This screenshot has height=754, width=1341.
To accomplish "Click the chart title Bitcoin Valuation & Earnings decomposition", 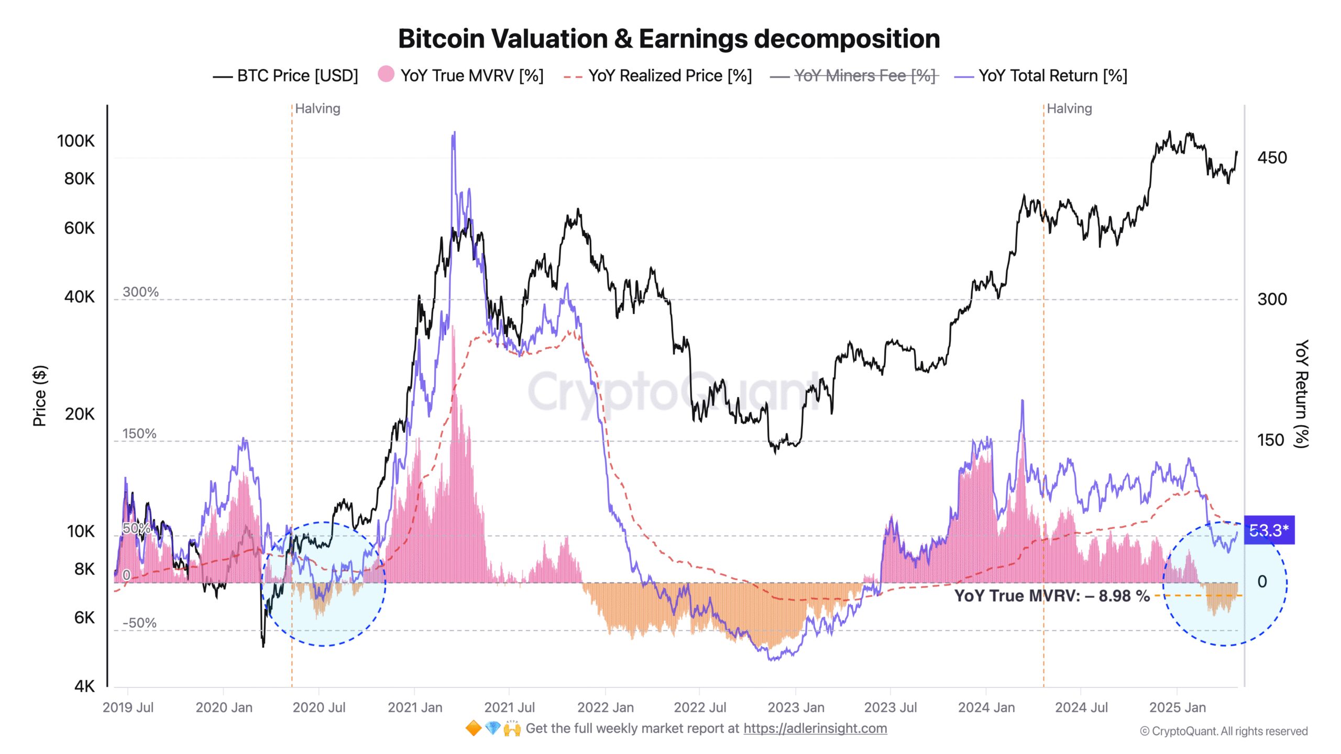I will coord(669,39).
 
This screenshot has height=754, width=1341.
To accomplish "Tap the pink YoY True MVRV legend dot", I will coord(386,74).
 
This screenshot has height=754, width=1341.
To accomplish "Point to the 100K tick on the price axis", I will coord(76,141).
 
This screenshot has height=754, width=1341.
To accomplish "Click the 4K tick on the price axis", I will coord(84,686).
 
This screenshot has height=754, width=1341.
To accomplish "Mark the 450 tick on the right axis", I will coord(1271,158).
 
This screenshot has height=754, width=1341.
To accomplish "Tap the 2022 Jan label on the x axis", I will coord(605,707).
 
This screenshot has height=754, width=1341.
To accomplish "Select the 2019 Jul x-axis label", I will coord(128,707).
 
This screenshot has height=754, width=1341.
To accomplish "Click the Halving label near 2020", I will coord(317,108).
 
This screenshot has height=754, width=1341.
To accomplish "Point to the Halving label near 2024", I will coord(1069,108).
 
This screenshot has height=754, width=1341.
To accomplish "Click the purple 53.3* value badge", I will coord(1269,530).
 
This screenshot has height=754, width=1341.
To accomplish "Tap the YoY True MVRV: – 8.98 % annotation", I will coord(1052,596).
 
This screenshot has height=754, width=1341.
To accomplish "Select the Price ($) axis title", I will coord(40,395).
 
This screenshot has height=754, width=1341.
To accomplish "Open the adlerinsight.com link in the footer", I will coord(815,728).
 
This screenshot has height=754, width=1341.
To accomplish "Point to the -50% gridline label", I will coord(139,623).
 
